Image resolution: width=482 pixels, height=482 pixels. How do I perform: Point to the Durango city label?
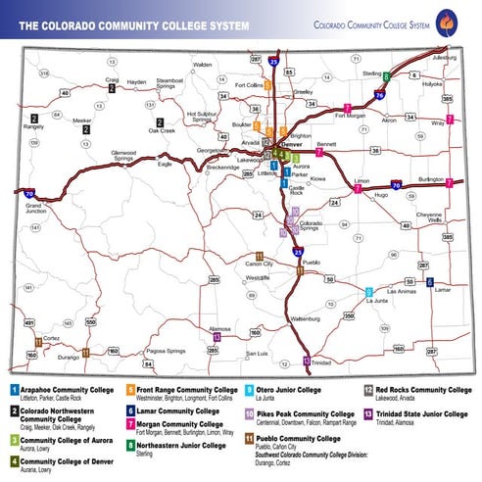[x=68, y=358]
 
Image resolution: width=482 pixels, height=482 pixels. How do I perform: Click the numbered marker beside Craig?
[x=113, y=88]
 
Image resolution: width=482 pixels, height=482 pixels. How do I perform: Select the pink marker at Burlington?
[x=449, y=183]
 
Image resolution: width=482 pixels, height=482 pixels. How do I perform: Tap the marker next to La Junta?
[x=368, y=292]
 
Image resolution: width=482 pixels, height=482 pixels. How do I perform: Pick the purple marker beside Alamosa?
[x=217, y=337]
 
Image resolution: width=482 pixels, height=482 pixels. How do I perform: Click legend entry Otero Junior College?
[x=283, y=390]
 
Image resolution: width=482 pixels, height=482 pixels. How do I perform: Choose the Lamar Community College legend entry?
[x=180, y=411]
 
